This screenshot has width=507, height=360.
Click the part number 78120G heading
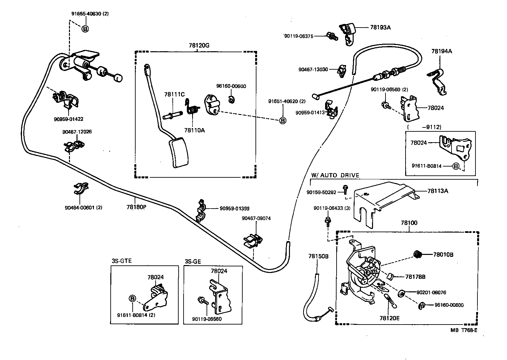pyautogui.click(x=199, y=45)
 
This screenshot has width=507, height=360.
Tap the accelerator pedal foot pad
pyautogui.click(x=179, y=153)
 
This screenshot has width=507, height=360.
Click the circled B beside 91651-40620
pyautogui.click(x=282, y=121)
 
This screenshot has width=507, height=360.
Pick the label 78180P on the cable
pyautogui.click(x=136, y=207)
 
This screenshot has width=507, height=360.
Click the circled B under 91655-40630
pyautogui.click(x=85, y=29)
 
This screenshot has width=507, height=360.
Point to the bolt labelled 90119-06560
pyautogui.click(x=201, y=300)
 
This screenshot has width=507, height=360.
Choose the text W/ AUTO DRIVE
pyautogui.click(x=335, y=175)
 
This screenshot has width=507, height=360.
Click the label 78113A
pyautogui.click(x=437, y=191)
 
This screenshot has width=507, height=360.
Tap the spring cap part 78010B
pyautogui.click(x=418, y=254)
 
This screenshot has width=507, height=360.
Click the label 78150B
pyautogui.click(x=318, y=256)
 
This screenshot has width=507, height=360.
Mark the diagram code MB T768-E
pyautogui.click(x=464, y=330)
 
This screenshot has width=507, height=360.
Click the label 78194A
pyautogui.click(x=442, y=51)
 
